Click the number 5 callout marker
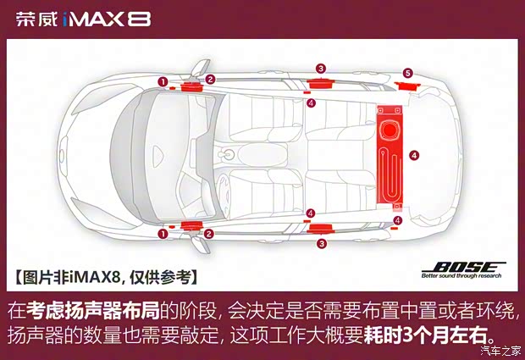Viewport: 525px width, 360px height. point(408,73)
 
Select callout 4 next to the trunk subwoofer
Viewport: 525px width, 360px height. point(413,155)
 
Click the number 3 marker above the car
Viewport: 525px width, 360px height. point(321,68)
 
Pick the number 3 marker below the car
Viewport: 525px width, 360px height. point(321,243)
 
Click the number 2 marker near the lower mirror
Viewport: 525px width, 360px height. point(209,233)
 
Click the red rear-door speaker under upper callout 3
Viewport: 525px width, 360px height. point(321,81)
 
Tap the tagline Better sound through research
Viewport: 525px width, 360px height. point(462,275)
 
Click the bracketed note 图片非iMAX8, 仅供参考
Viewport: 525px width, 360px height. point(106,276)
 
